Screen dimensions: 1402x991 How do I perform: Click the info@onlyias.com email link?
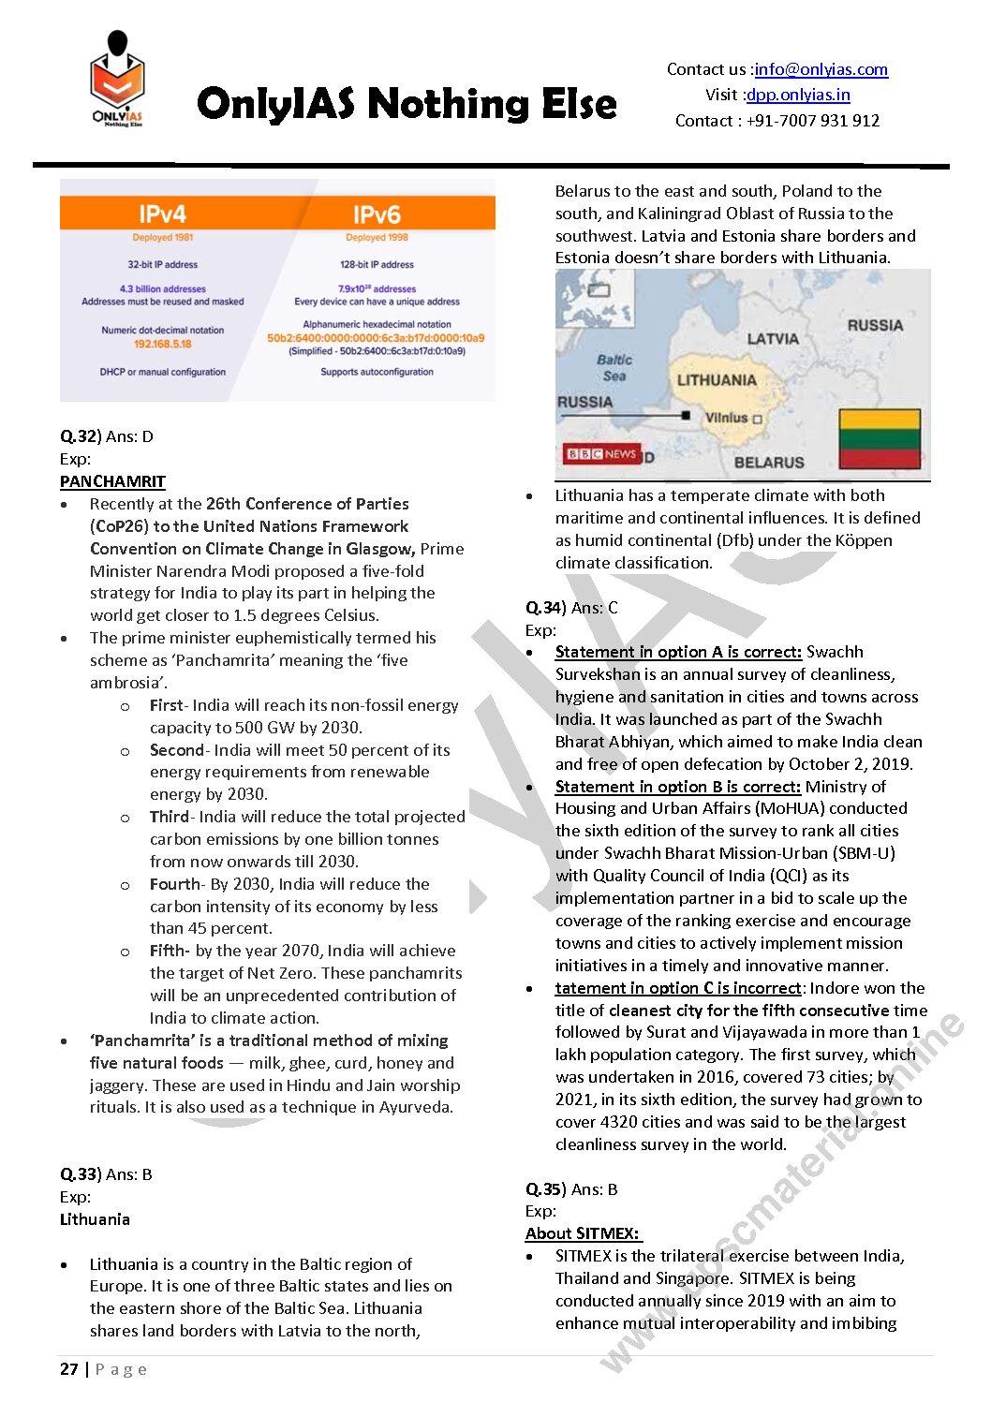821,69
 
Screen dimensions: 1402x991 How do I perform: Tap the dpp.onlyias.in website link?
798,95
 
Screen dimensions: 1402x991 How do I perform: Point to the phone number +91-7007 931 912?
813,121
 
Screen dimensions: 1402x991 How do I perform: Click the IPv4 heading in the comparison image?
163,214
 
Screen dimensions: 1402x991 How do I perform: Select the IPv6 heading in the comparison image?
377,214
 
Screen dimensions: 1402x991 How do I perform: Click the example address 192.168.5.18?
162,344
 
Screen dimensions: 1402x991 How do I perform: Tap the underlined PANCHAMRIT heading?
112,481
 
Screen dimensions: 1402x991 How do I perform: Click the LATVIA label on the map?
773,339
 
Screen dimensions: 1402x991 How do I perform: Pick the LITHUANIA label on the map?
717,380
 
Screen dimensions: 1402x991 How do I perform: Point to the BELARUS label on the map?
769,463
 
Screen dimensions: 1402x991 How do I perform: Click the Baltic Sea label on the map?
614,367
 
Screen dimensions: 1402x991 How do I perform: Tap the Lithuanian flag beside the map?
880,438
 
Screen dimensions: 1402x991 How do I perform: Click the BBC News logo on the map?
600,454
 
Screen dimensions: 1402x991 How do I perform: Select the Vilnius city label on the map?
727,418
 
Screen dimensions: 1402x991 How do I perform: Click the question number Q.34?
544,608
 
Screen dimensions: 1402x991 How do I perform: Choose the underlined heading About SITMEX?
583,1233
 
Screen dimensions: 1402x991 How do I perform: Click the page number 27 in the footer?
69,1369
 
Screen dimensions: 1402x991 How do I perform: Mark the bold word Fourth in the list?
175,884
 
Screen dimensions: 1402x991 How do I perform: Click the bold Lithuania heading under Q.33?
95,1219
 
